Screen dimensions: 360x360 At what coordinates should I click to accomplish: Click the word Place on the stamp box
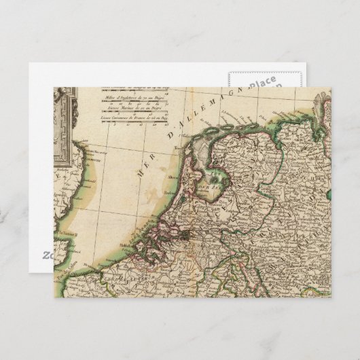(x=262, y=84)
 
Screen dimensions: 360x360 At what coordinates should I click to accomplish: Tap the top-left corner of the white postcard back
(x=30, y=64)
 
